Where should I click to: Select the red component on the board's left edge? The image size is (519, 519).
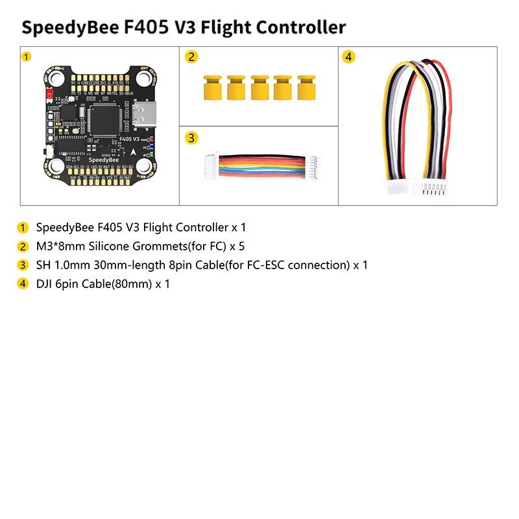[x=49, y=95]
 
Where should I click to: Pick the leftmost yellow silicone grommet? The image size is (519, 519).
[x=211, y=87]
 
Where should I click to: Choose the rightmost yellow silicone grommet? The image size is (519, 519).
[x=306, y=87]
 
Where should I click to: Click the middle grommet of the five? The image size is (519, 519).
[x=259, y=87]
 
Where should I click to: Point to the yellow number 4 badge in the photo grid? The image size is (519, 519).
[x=349, y=57]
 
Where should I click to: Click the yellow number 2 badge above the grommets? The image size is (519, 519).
[x=191, y=57]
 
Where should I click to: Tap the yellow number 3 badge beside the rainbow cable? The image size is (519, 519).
[x=191, y=138]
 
